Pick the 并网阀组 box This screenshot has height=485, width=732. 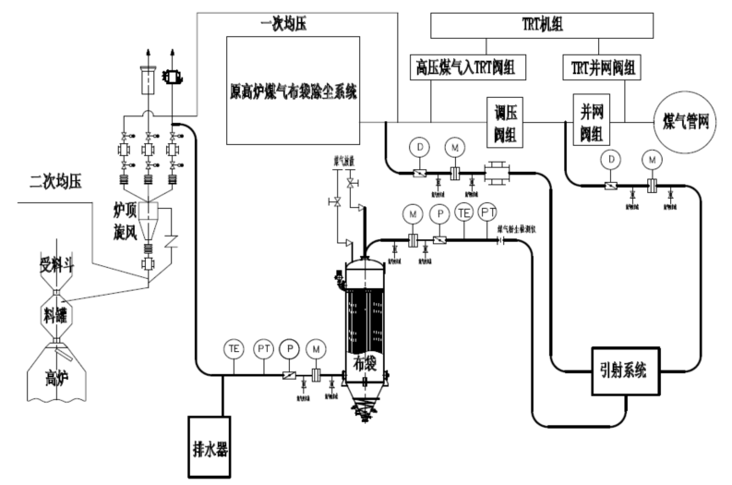pos(593,119)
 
